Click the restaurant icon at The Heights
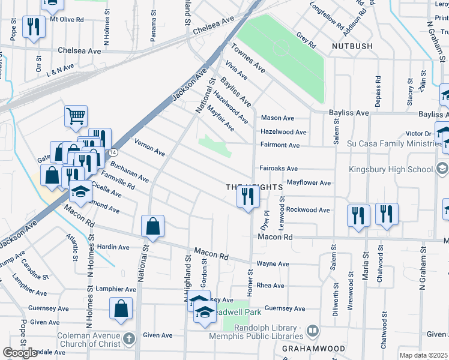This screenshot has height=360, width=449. click(248, 196)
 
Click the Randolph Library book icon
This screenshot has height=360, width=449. click(313, 331)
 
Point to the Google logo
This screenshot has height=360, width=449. click(20, 352)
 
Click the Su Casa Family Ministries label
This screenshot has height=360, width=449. click(391, 144)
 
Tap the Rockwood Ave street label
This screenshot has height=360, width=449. click(307, 210)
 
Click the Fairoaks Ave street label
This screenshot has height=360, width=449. click(279, 169)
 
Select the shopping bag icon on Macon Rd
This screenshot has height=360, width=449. click(152, 227)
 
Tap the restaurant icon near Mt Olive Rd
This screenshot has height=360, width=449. click(32, 26)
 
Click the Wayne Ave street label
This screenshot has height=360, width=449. click(273, 264)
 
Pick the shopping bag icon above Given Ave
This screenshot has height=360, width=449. click(121, 308)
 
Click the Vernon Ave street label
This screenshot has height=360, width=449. click(150, 152)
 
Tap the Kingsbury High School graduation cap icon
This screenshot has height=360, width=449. click(443, 168)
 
